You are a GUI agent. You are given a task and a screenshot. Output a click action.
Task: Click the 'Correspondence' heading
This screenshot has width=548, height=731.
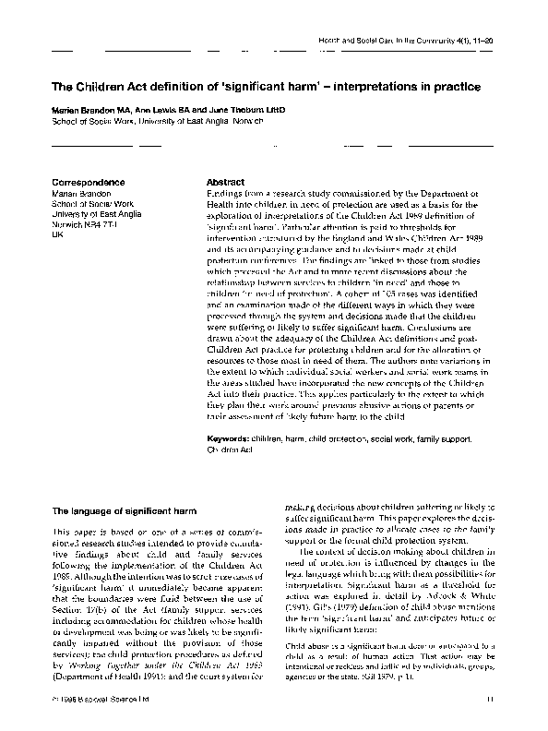pyautogui.click(x=89, y=183)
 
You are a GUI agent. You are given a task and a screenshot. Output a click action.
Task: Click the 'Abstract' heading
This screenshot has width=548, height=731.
pyautogui.click(x=226, y=183)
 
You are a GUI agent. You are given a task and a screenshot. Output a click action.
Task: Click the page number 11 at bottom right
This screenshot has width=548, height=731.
pyautogui.click(x=491, y=701)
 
